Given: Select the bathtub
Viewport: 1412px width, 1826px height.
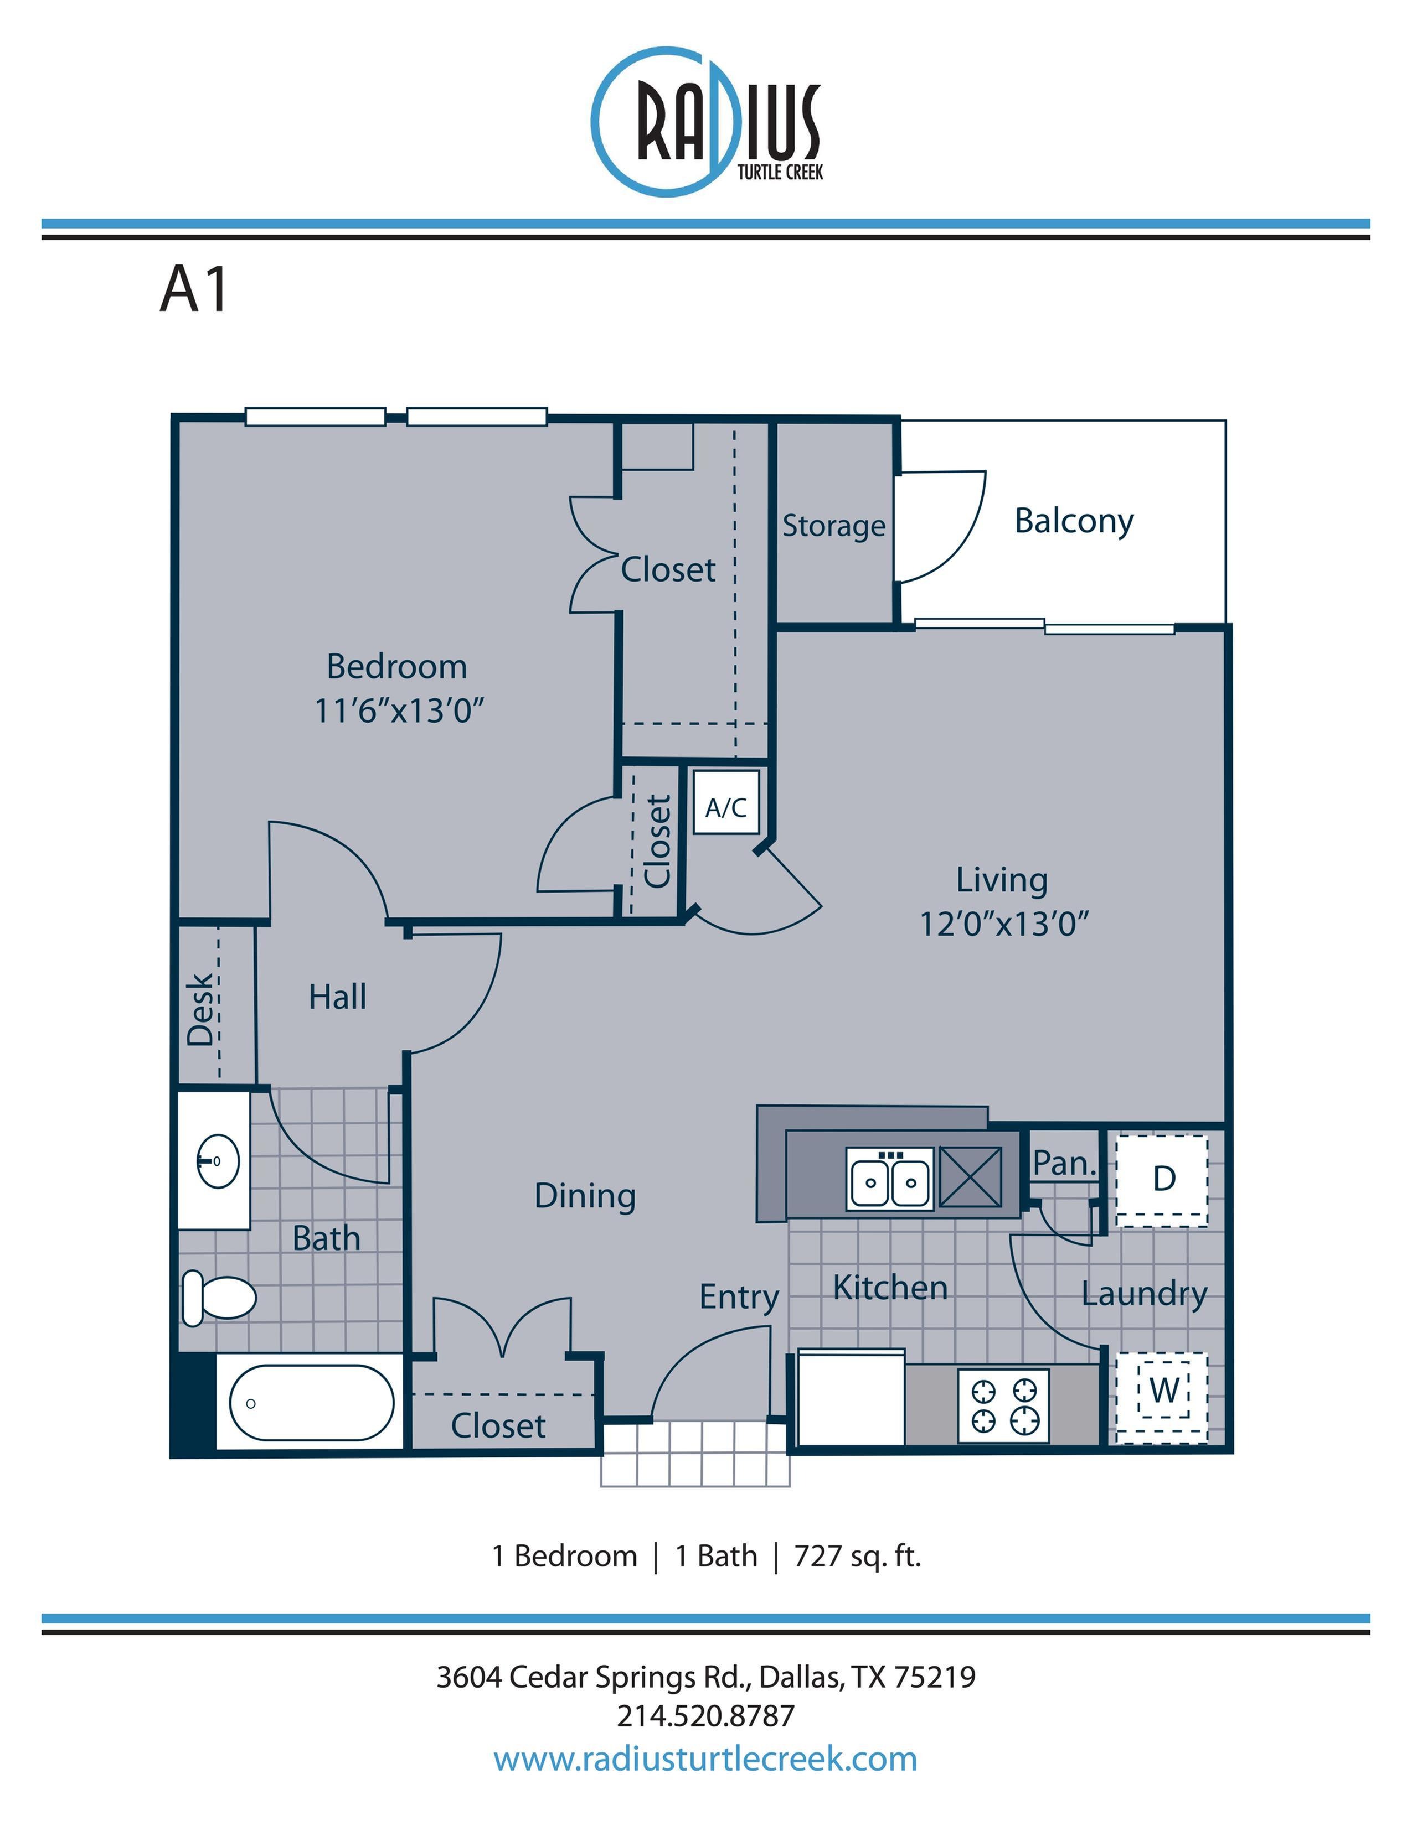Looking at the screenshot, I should pos(311,1403).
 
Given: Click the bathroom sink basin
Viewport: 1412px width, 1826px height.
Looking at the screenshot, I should pos(218,1161).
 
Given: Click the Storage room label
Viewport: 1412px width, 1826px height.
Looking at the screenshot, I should pos(833,526).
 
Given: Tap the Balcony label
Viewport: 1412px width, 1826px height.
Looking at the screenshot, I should pos(1074,521).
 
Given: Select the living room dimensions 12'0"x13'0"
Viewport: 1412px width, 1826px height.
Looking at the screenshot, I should pos(1004,925).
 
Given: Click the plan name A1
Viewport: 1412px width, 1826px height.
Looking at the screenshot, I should pos(194,291).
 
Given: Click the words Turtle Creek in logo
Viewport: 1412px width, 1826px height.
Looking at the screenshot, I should pos(779,172).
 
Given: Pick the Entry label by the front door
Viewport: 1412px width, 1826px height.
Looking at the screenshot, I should pos(739,1297).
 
